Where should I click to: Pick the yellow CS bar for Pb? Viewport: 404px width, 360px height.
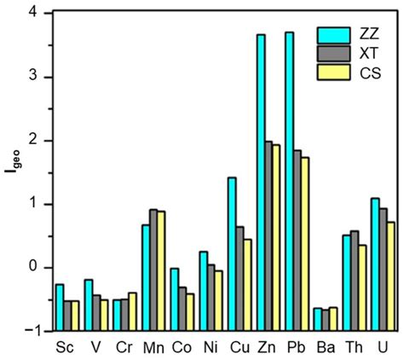[304, 244]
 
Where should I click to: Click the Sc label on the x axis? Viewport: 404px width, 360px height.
[64, 348]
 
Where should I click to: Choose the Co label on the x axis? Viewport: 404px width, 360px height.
[182, 348]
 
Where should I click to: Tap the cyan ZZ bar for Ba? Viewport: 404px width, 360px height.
[318, 319]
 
